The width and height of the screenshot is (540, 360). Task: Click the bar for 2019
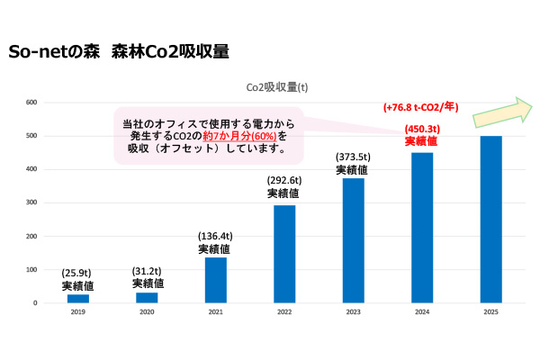[78, 298]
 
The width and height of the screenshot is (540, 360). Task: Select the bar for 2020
[147, 297]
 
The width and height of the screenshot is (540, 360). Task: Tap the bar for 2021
[215, 280]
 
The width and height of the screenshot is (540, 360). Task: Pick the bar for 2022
[284, 254]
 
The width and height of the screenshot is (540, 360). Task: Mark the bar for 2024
[421, 228]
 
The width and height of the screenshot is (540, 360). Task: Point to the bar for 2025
[490, 219]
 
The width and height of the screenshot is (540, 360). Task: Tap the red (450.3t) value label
[421, 127]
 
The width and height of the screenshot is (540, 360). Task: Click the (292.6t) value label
[284, 180]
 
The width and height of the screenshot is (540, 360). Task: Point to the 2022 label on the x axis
[284, 313]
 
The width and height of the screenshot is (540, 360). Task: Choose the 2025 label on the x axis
[490, 313]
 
